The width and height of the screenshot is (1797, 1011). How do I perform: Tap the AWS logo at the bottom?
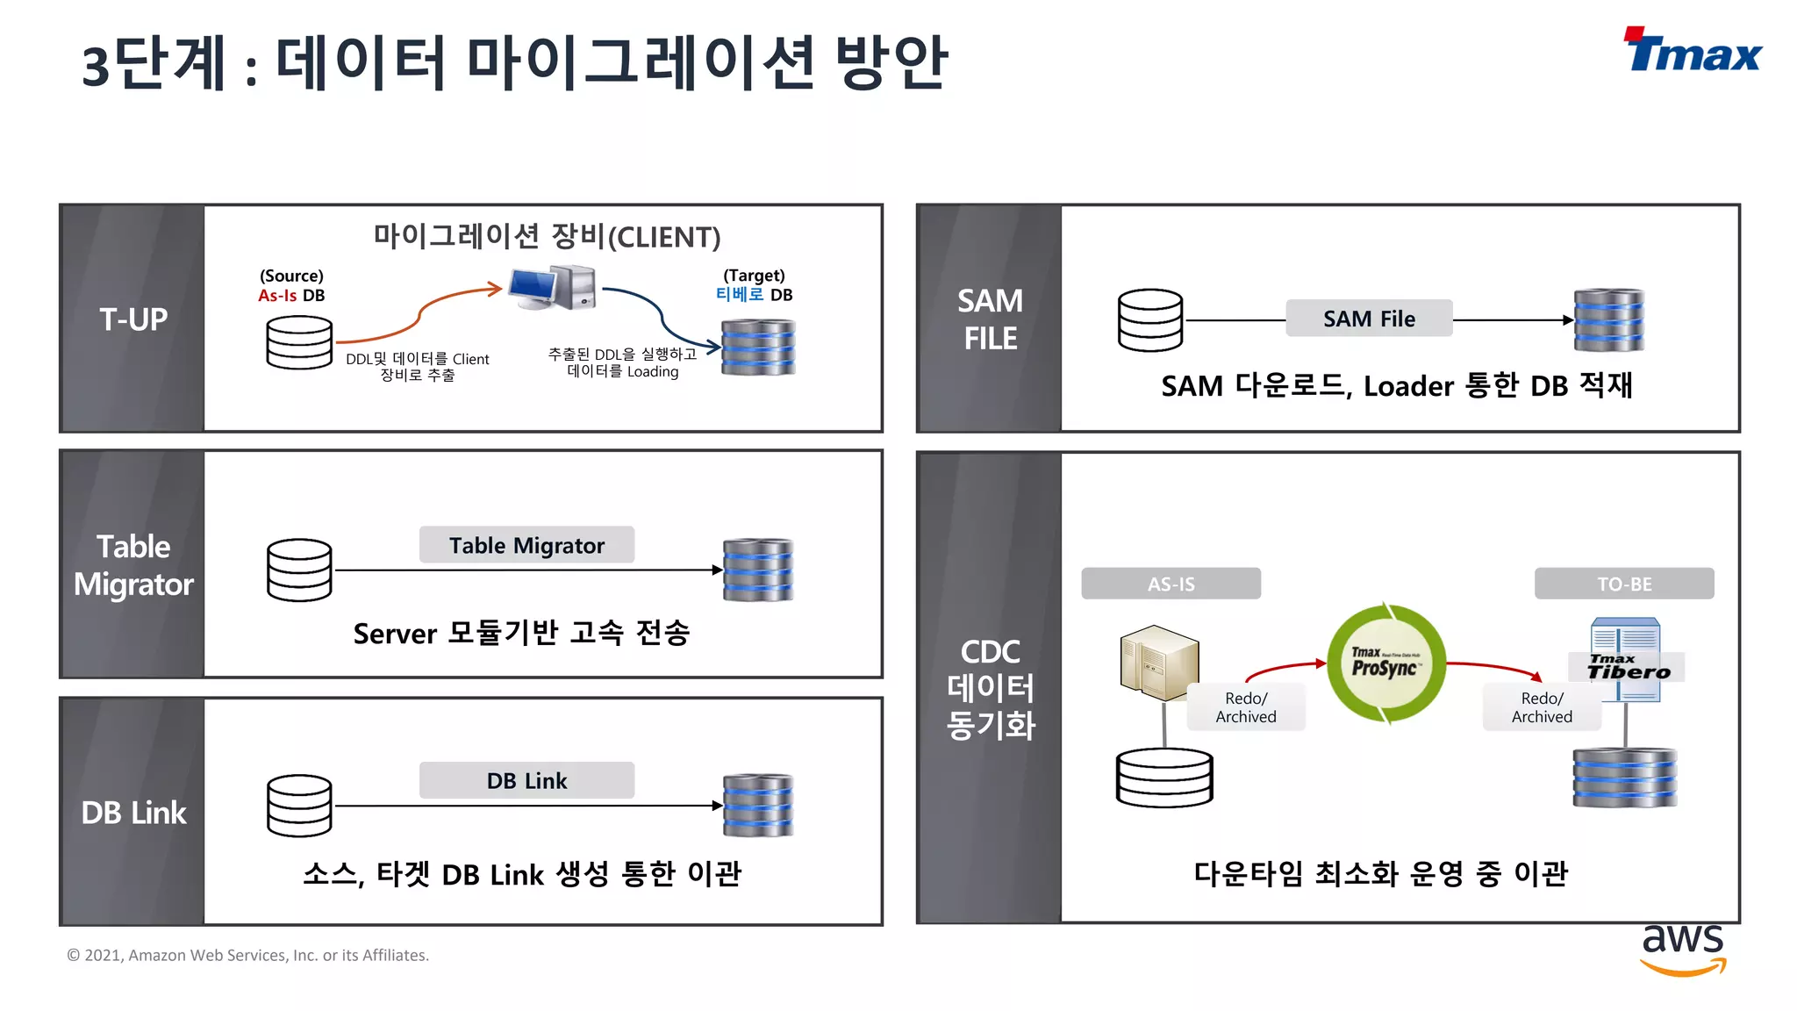click(1683, 950)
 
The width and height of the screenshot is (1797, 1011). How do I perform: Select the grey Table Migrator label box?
click(526, 545)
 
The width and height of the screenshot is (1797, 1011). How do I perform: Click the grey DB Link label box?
click(526, 780)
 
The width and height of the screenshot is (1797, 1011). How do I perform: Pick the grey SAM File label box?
click(1369, 319)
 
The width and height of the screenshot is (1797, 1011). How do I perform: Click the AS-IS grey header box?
click(1171, 584)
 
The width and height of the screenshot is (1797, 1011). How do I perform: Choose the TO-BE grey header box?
click(1623, 584)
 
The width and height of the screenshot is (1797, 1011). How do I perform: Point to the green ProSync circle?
click(1385, 663)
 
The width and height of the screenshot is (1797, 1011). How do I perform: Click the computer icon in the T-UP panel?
click(554, 287)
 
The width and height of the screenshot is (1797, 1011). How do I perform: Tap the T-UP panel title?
click(133, 319)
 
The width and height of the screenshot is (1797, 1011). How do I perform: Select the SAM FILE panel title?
click(990, 319)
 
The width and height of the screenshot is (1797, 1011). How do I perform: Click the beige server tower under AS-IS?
click(1159, 663)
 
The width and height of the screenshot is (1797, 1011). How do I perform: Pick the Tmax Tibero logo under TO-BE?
click(1628, 667)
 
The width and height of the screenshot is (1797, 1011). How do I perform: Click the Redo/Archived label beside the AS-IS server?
click(1246, 707)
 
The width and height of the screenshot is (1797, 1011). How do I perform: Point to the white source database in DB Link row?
click(299, 806)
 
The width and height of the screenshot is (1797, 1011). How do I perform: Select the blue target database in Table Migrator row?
click(758, 570)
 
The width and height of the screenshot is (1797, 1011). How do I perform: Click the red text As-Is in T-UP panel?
click(277, 296)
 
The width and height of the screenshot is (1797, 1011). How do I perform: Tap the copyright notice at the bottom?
click(248, 955)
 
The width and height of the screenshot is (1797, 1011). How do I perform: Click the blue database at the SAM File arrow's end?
click(1608, 320)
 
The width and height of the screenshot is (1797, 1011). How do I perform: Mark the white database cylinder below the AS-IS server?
click(1164, 778)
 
